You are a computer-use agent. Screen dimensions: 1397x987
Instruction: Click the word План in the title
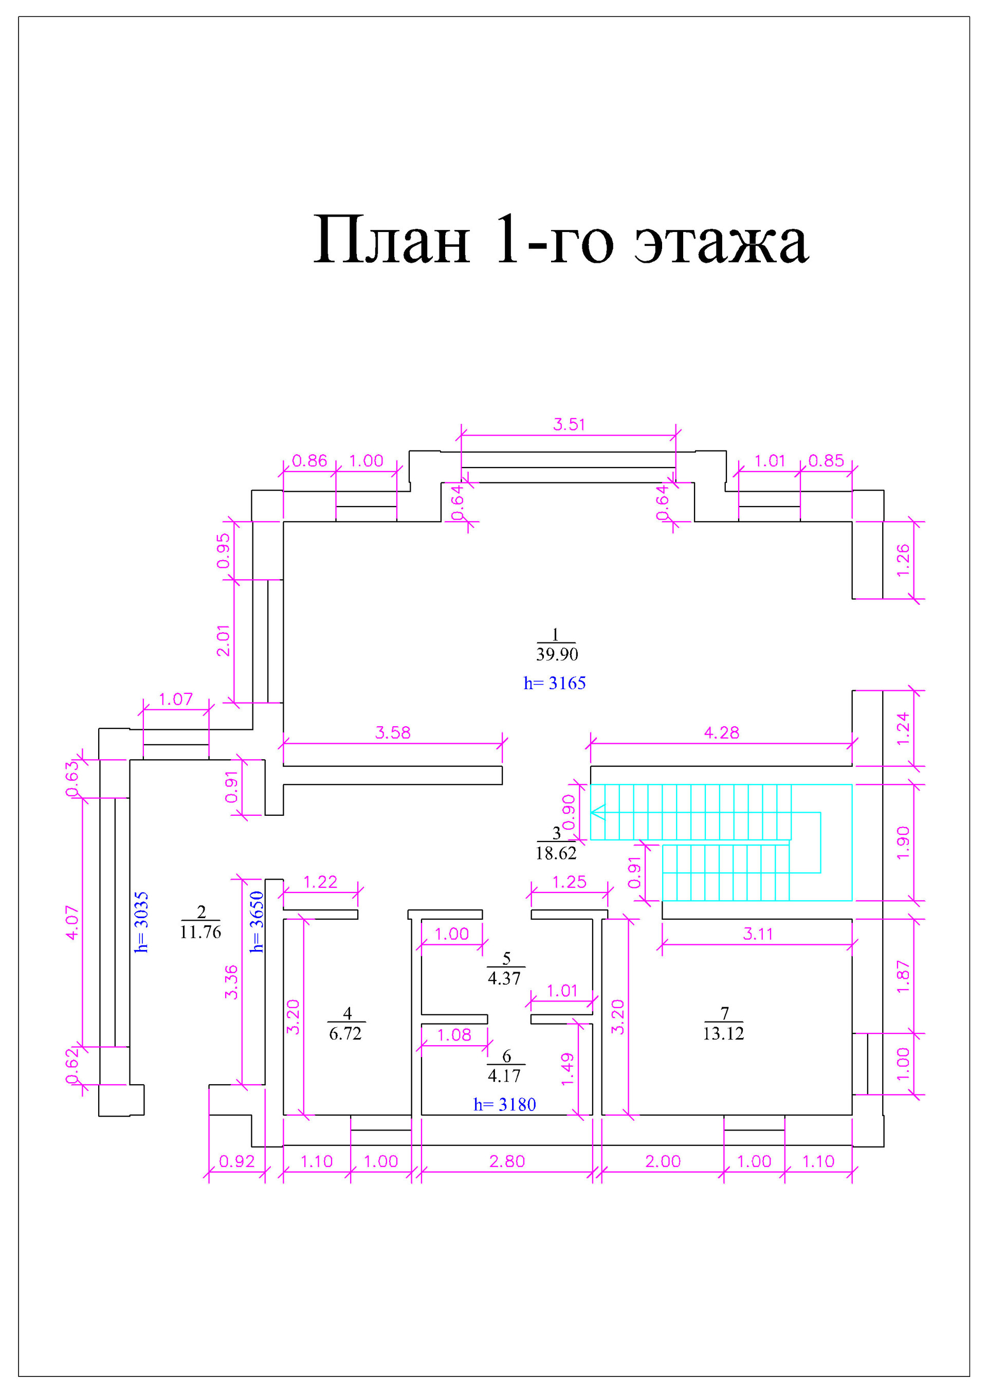click(392, 242)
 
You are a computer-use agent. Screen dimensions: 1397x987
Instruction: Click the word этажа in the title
click(721, 242)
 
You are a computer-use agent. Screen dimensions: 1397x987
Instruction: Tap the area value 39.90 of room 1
click(556, 654)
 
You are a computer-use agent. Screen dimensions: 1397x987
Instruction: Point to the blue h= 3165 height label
click(555, 683)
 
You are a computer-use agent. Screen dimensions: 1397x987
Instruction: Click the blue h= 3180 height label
click(505, 1104)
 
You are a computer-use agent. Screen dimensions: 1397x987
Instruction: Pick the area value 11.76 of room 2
click(200, 932)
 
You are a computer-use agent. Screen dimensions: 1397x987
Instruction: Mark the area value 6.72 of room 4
click(345, 1034)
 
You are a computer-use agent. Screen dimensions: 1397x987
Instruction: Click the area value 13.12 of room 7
click(723, 1033)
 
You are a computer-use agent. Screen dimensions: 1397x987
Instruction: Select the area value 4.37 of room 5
click(504, 978)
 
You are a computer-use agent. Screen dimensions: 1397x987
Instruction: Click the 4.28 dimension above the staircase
click(721, 732)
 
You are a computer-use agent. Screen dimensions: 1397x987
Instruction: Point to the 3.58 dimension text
click(392, 732)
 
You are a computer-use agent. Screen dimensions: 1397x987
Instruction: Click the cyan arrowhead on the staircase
click(598, 812)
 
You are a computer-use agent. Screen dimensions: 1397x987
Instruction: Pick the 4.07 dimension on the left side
click(72, 923)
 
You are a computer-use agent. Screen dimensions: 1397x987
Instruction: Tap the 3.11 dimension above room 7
click(757, 934)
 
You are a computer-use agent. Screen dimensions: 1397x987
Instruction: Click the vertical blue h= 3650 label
click(257, 922)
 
